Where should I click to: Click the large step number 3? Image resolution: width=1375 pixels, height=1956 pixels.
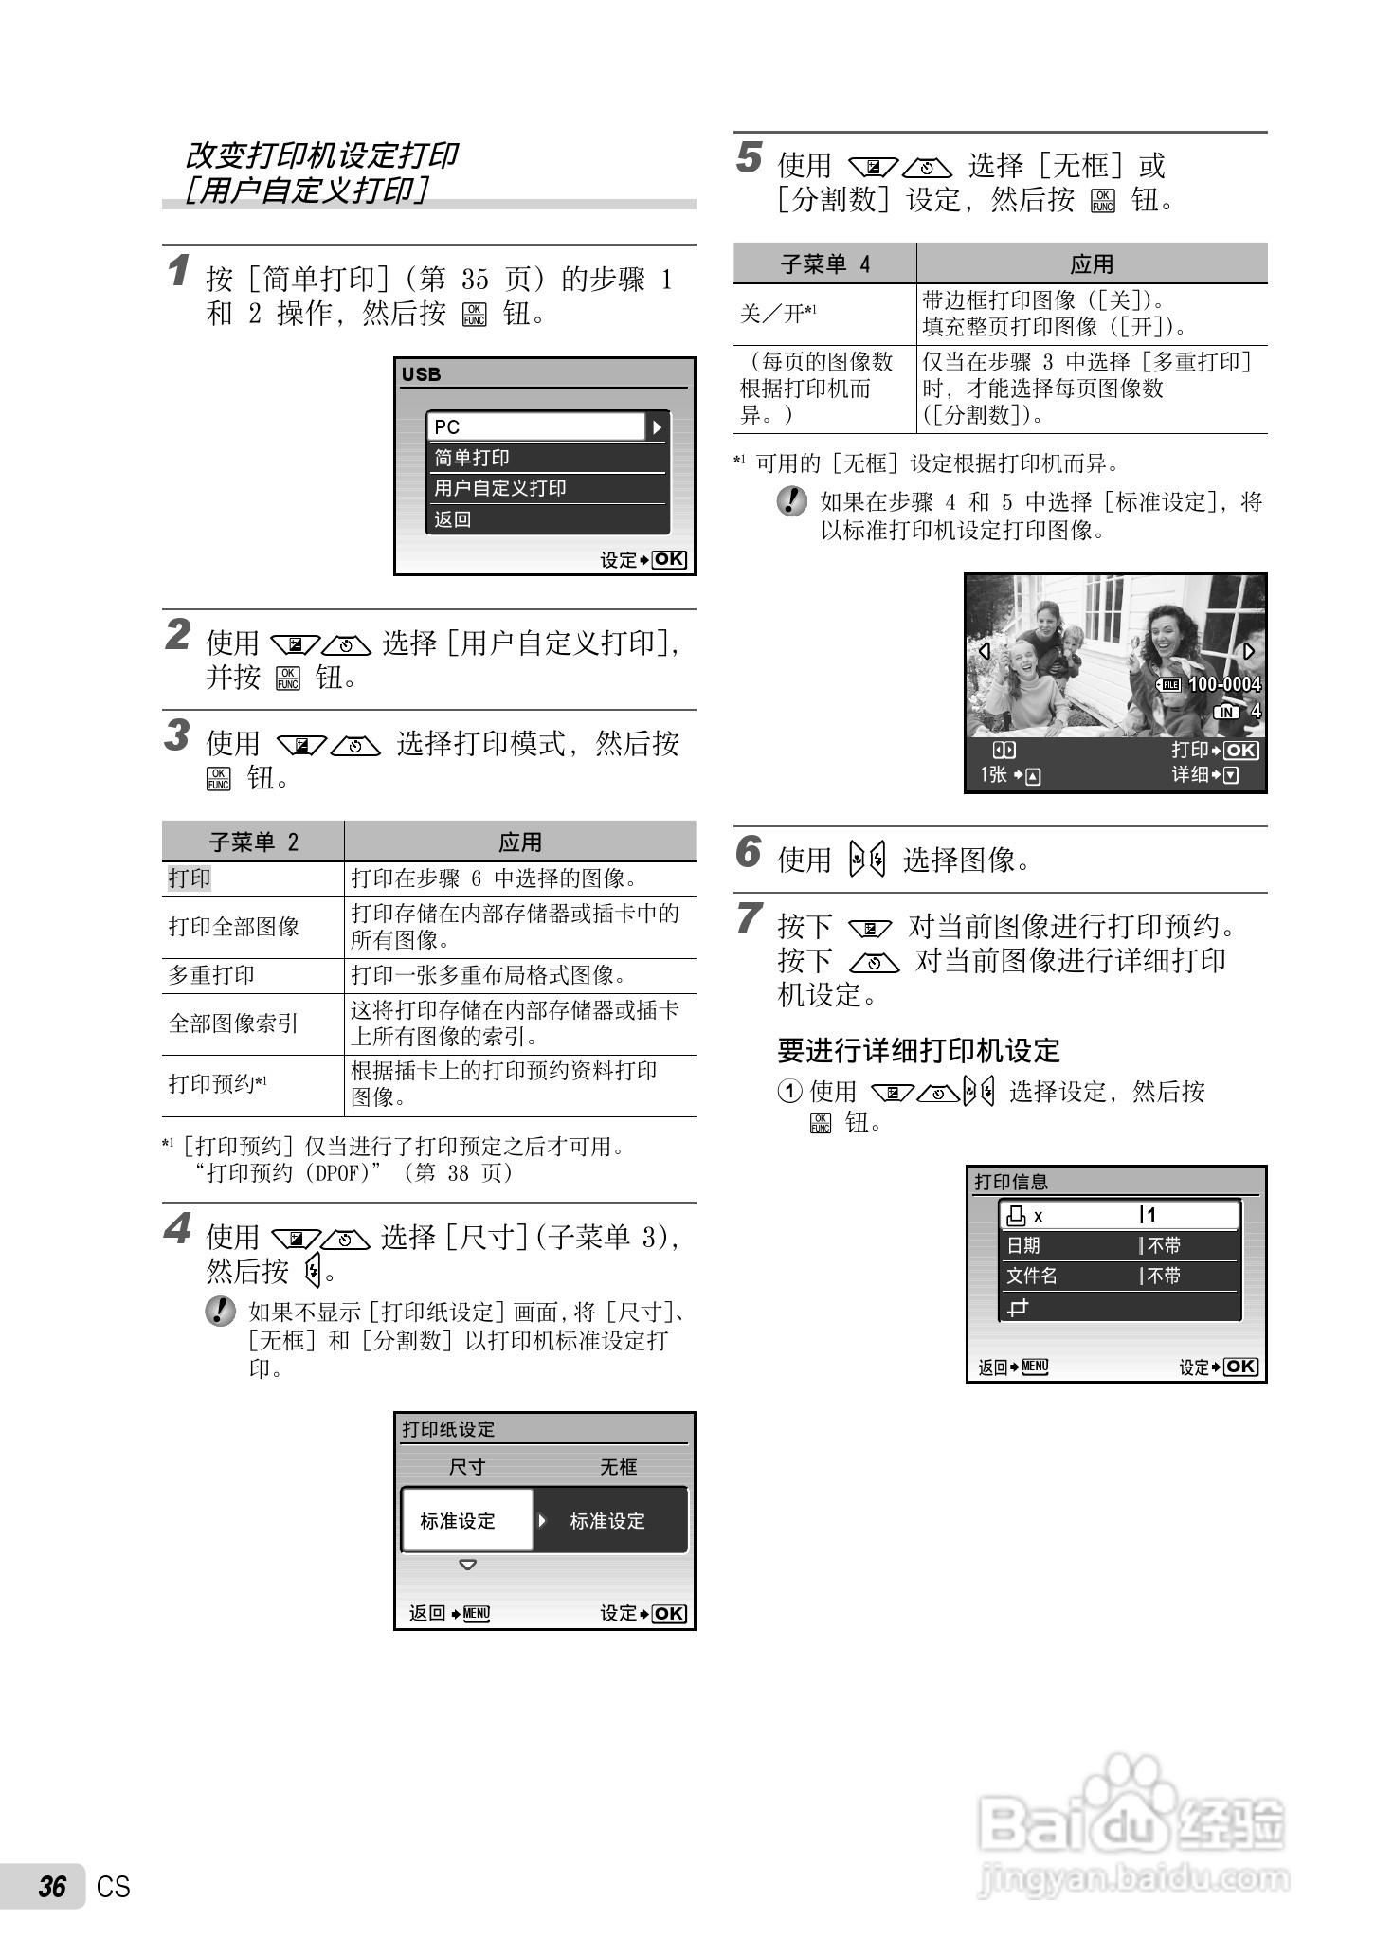point(177,735)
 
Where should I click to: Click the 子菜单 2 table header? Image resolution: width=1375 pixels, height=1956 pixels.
point(253,842)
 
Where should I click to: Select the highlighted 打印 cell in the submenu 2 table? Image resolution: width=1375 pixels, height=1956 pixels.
point(190,878)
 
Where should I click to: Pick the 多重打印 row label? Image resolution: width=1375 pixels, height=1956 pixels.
point(211,975)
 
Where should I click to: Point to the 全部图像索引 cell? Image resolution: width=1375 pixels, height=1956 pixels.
point(233,1023)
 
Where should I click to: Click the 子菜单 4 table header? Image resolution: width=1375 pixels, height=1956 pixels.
point(824,263)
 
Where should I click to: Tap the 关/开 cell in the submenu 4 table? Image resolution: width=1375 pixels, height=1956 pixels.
point(778,314)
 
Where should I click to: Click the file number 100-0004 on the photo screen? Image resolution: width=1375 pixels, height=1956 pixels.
point(1224,684)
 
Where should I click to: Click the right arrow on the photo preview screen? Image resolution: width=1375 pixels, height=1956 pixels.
point(1248,651)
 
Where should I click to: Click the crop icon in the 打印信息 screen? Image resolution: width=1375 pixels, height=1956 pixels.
point(1018,1309)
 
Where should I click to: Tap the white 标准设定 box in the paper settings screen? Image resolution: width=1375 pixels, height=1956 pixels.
point(466,1521)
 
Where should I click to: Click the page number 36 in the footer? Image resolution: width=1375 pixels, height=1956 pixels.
point(52,1887)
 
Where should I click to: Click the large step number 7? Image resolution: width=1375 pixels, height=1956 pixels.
point(749,918)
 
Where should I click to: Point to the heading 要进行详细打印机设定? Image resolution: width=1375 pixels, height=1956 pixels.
point(918,1050)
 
